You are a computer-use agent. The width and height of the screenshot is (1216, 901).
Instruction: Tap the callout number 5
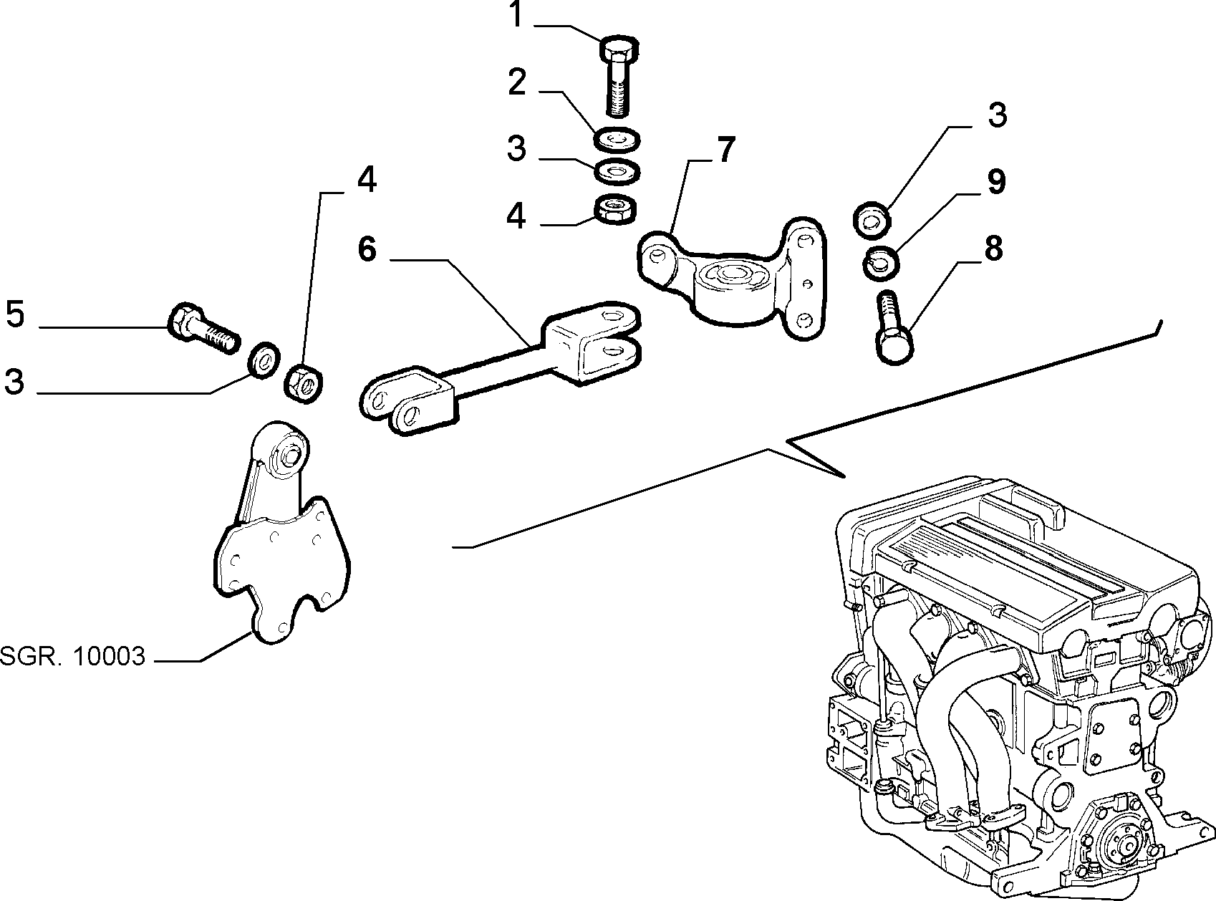(15, 314)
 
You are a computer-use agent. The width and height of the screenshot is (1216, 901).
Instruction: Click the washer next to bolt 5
(264, 359)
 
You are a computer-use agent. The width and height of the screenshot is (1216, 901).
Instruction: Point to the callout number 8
(993, 248)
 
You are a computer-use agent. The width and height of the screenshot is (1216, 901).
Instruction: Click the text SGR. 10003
(73, 656)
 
